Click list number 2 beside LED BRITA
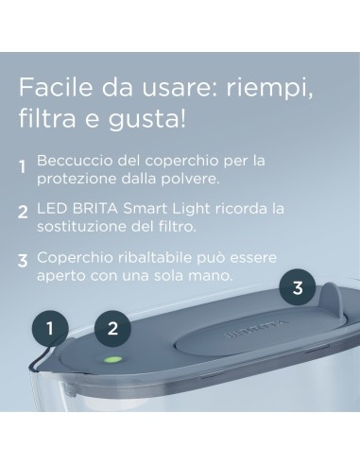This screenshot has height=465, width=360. tap(23, 213)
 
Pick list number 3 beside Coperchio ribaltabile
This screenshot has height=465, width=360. tap(23, 260)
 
